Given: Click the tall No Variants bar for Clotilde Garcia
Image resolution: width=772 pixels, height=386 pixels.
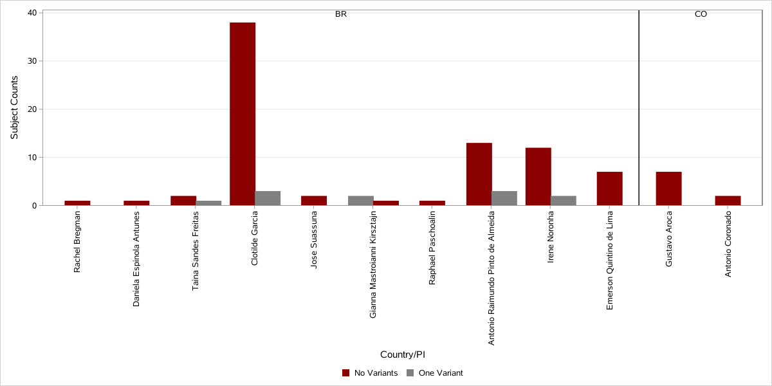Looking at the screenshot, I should pos(243,114).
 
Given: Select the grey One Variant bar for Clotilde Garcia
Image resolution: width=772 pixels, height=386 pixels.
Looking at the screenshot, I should pos(268,198).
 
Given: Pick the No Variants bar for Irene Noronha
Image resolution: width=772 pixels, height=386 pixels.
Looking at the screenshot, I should pos(538,176).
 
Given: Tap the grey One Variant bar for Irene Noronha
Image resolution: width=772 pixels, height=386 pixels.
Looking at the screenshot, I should pos(564,201).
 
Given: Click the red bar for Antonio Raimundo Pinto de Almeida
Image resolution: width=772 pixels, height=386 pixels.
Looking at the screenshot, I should pos(479,174).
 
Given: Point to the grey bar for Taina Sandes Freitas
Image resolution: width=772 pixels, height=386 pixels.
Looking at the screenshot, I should pos(208,203).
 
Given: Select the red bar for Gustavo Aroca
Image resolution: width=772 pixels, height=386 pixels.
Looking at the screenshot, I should pos(668,188).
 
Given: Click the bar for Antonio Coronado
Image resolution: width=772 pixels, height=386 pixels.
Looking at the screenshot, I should pos(728,201).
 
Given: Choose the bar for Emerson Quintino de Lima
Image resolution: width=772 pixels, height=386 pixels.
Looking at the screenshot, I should pos(609,188).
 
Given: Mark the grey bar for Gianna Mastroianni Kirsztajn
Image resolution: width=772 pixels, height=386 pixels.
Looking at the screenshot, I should pos(360,201).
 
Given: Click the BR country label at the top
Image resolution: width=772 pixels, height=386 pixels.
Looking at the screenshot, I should pos(341,14).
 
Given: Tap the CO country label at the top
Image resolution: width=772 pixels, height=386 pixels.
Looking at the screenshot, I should pos(701,14).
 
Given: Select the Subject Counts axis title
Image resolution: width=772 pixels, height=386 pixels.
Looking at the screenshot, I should pos(15,107).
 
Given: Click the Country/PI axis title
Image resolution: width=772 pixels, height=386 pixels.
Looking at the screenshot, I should pos(403,354).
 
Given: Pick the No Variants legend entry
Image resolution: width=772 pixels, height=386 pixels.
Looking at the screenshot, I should pos(370,373).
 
